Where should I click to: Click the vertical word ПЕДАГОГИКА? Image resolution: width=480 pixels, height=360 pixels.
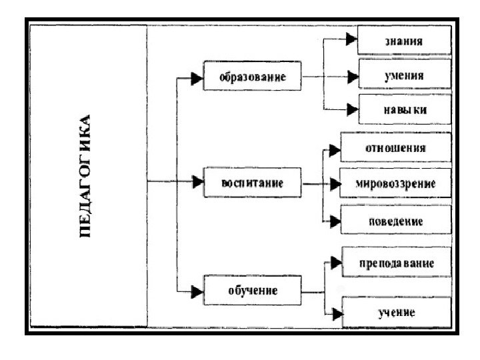[x=87, y=177]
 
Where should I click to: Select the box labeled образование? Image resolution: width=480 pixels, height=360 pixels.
[x=253, y=77]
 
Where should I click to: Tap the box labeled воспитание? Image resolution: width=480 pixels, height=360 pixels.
[x=252, y=183]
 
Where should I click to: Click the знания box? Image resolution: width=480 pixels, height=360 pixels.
[x=404, y=41]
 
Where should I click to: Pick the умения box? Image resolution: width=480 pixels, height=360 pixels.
[x=404, y=76]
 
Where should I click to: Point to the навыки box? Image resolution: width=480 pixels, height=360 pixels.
[x=404, y=109]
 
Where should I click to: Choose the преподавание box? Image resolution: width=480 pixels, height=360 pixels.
[x=396, y=263]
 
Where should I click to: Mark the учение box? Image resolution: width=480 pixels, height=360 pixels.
[x=396, y=312]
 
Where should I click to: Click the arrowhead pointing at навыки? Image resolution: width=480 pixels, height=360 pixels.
[x=351, y=109]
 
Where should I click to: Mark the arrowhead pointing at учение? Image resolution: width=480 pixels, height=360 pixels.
[x=335, y=312]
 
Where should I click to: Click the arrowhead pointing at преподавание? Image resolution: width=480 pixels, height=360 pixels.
[x=335, y=262]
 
